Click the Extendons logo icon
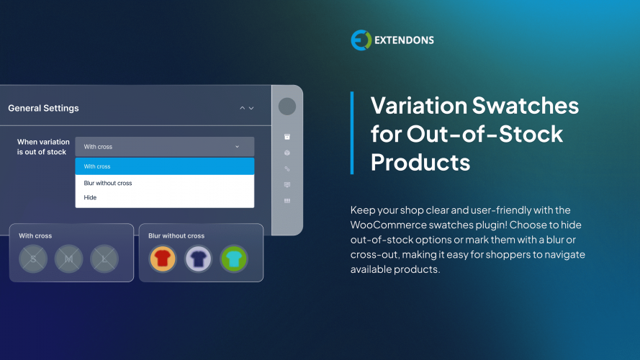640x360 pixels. (x=360, y=40)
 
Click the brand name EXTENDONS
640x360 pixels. (x=404, y=40)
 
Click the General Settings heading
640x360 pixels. (x=43, y=108)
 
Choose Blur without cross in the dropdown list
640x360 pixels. (x=108, y=183)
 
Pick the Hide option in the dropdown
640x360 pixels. (x=90, y=197)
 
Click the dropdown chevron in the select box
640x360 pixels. (x=238, y=147)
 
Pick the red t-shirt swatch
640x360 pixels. (x=163, y=258)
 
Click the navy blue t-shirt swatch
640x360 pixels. (x=198, y=258)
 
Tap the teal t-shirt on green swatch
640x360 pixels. (x=233, y=258)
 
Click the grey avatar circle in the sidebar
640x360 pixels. (x=287, y=107)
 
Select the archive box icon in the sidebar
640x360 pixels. (x=287, y=137)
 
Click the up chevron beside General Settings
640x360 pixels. (x=243, y=108)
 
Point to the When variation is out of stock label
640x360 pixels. (x=43, y=147)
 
